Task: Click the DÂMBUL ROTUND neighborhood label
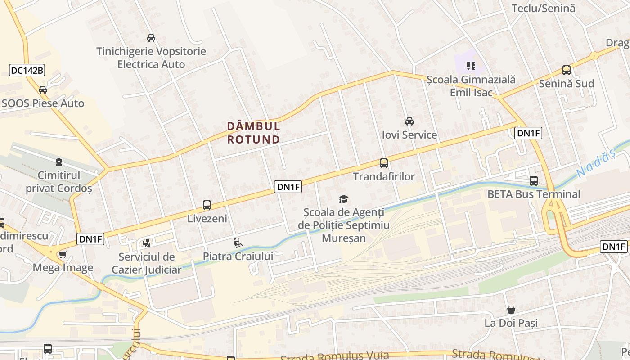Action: [253, 133]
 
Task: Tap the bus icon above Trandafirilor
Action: [383, 163]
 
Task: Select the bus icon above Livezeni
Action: [207, 205]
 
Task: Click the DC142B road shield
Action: [27, 70]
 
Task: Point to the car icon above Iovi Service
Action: [409, 121]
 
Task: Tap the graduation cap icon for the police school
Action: [343, 199]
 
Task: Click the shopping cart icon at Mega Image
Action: [63, 255]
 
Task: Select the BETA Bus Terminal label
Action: [534, 194]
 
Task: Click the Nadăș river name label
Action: [595, 164]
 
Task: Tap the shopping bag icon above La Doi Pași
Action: [511, 310]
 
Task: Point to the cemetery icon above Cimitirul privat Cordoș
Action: [58, 162]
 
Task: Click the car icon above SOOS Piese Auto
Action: [43, 90]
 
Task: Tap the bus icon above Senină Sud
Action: [566, 70]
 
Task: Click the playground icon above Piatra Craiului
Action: [238, 243]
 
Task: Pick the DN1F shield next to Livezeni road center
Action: [288, 187]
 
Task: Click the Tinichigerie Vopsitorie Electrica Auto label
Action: [151, 58]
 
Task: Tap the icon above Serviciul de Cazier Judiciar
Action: [146, 243]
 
